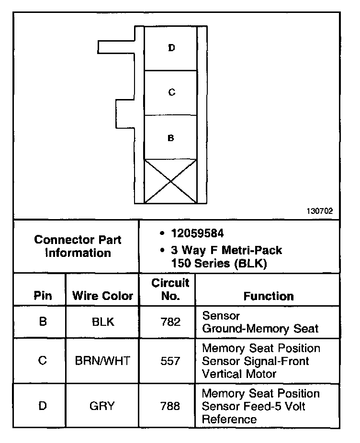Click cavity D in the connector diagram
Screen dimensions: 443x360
tap(171, 48)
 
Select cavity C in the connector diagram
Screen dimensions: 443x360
tap(171, 93)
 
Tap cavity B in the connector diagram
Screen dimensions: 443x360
tap(171, 138)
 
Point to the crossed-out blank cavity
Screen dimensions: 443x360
tap(171, 181)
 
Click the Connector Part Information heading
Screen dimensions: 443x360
tap(78, 246)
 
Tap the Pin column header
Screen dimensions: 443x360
tap(43, 296)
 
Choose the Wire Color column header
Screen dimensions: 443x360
tap(102, 296)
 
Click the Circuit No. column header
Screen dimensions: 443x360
tap(170, 289)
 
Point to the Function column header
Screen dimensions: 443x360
tap(269, 296)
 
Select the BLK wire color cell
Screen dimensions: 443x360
tap(102, 322)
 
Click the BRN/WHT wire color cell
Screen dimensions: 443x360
tap(102, 361)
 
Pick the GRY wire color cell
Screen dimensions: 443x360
tap(102, 406)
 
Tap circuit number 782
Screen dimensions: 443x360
tap(170, 322)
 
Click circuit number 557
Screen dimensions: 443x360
tap(170, 361)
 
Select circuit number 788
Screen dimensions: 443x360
tap(170, 406)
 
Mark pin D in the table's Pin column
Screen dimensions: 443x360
tap(43, 406)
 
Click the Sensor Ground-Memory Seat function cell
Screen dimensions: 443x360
tap(260, 322)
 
